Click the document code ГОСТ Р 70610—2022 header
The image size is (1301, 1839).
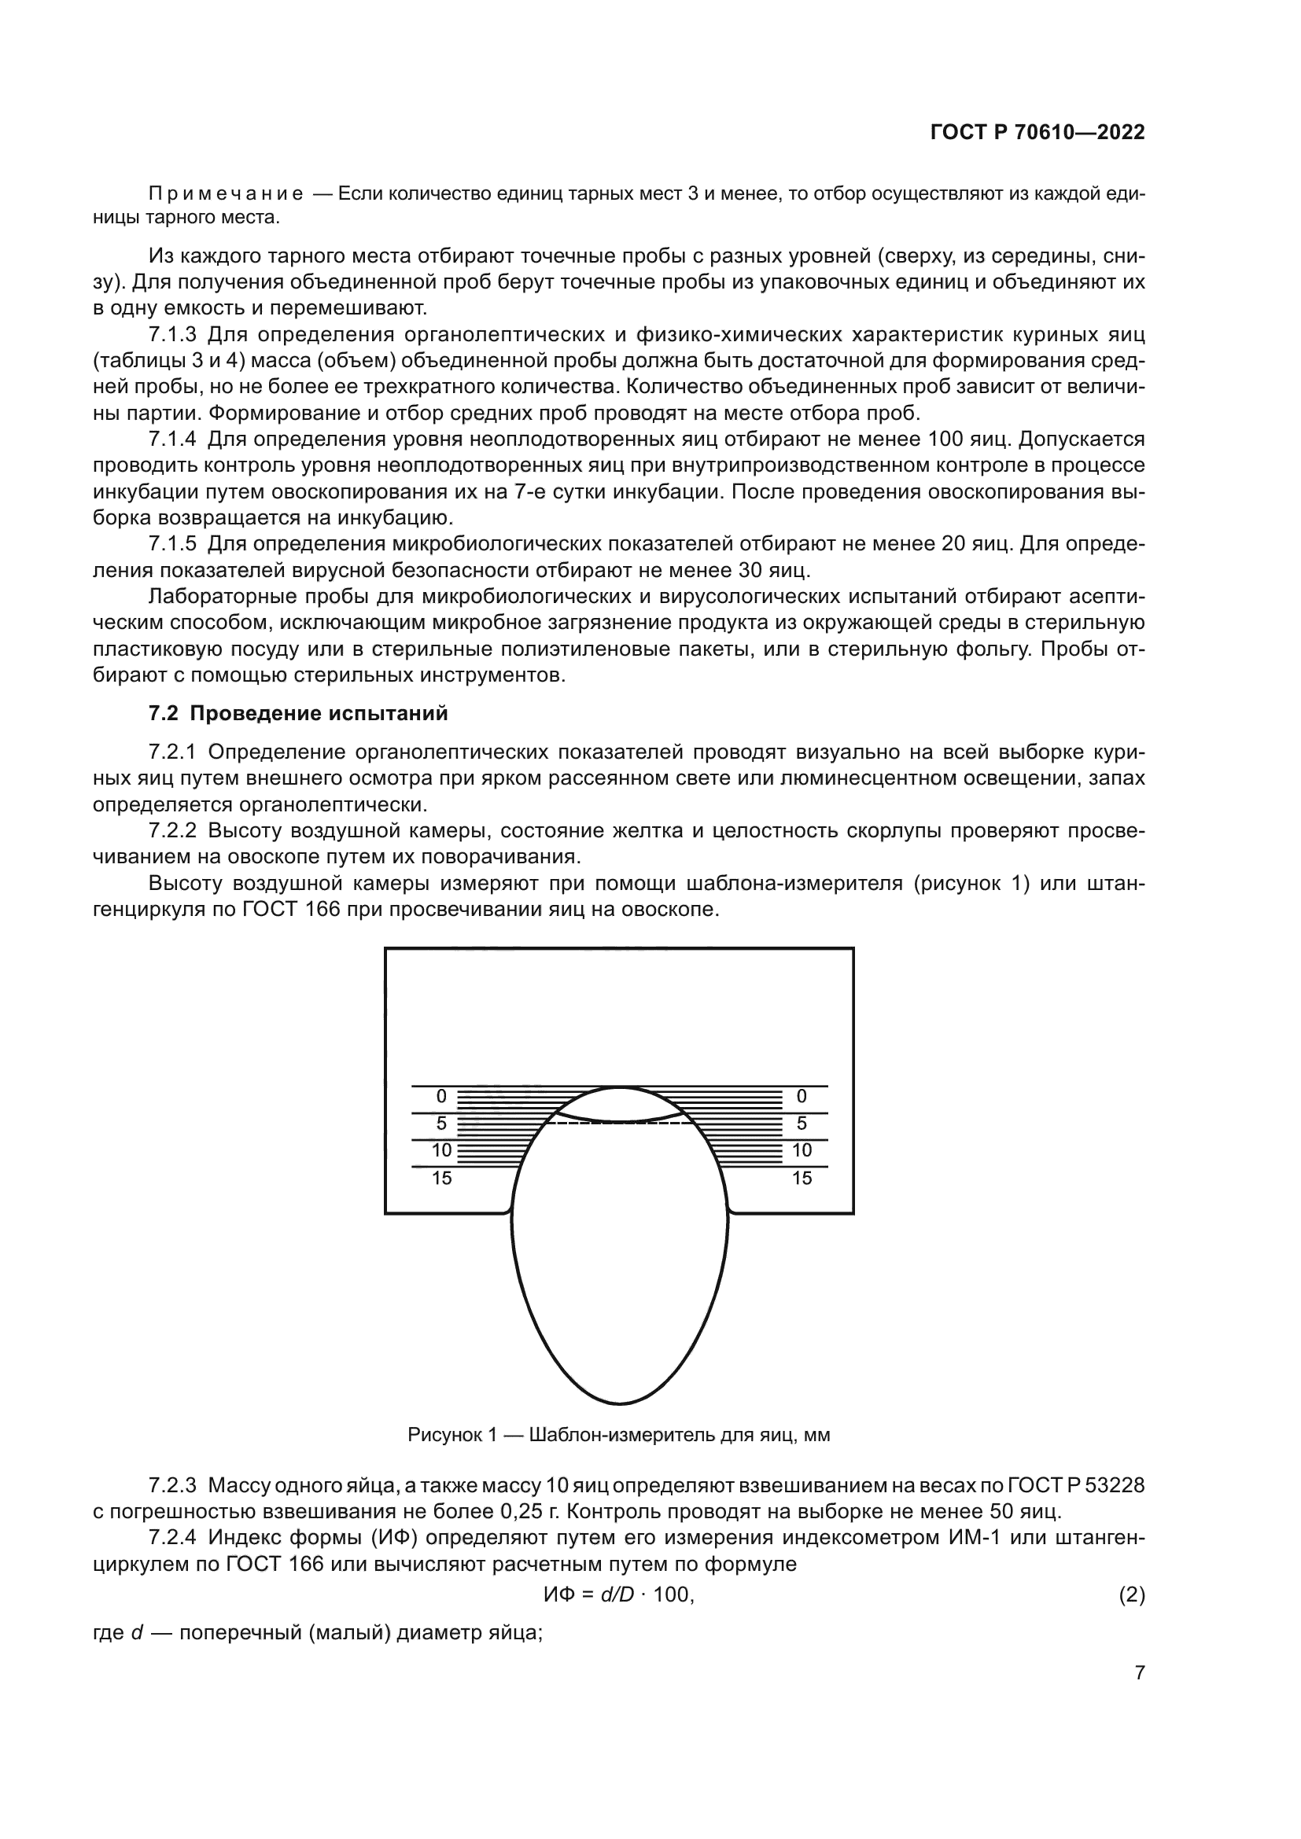1037,133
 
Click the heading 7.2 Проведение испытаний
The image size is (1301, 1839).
298,714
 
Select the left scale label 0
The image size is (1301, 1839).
441,1097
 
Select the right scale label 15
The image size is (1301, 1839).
802,1179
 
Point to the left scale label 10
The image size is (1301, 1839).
441,1151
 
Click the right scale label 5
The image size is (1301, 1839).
802,1124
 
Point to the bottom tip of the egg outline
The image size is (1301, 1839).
619,1403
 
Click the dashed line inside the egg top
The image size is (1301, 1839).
619,1124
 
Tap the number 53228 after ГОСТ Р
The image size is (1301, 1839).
1116,1486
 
